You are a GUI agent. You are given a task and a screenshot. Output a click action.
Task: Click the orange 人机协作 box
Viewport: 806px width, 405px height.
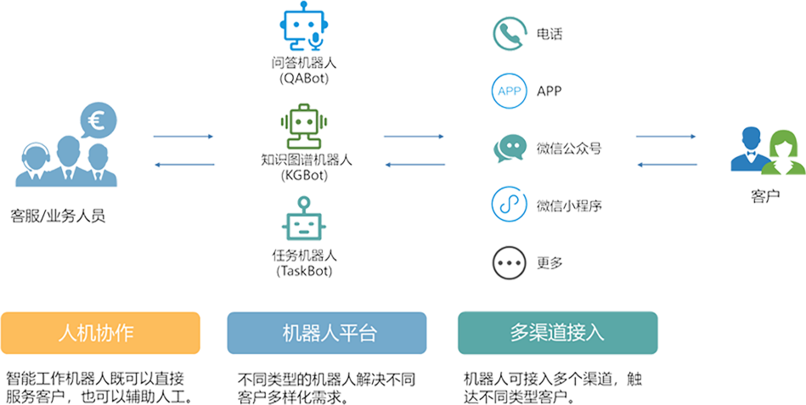[101, 333]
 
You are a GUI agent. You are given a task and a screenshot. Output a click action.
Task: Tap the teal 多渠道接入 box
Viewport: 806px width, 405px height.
[557, 333]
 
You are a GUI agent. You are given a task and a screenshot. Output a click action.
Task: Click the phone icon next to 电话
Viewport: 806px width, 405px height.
[509, 34]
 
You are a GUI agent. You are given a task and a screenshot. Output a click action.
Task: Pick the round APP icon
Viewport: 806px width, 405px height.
[509, 91]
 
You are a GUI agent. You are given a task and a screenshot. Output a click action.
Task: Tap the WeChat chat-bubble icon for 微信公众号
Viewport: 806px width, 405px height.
[509, 149]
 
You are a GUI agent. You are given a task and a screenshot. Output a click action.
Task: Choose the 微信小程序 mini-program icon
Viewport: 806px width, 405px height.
[509, 205]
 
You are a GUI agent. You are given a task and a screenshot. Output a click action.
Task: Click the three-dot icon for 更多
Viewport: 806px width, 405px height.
[509, 262]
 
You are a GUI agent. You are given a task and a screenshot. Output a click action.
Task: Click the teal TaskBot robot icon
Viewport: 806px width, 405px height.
[303, 218]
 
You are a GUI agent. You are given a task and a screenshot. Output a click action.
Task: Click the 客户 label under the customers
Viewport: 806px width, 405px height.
[765, 197]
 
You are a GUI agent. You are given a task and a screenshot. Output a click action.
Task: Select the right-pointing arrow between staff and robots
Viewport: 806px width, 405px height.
[183, 136]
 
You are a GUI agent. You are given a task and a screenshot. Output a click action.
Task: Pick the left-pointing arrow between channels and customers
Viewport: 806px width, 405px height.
[667, 164]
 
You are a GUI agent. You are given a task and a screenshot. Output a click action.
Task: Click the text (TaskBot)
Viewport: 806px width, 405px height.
[303, 272]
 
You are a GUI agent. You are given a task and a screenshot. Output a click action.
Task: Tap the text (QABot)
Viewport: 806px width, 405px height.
[303, 78]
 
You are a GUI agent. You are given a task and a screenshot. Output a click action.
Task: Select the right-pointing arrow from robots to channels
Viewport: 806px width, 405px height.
[414, 136]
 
